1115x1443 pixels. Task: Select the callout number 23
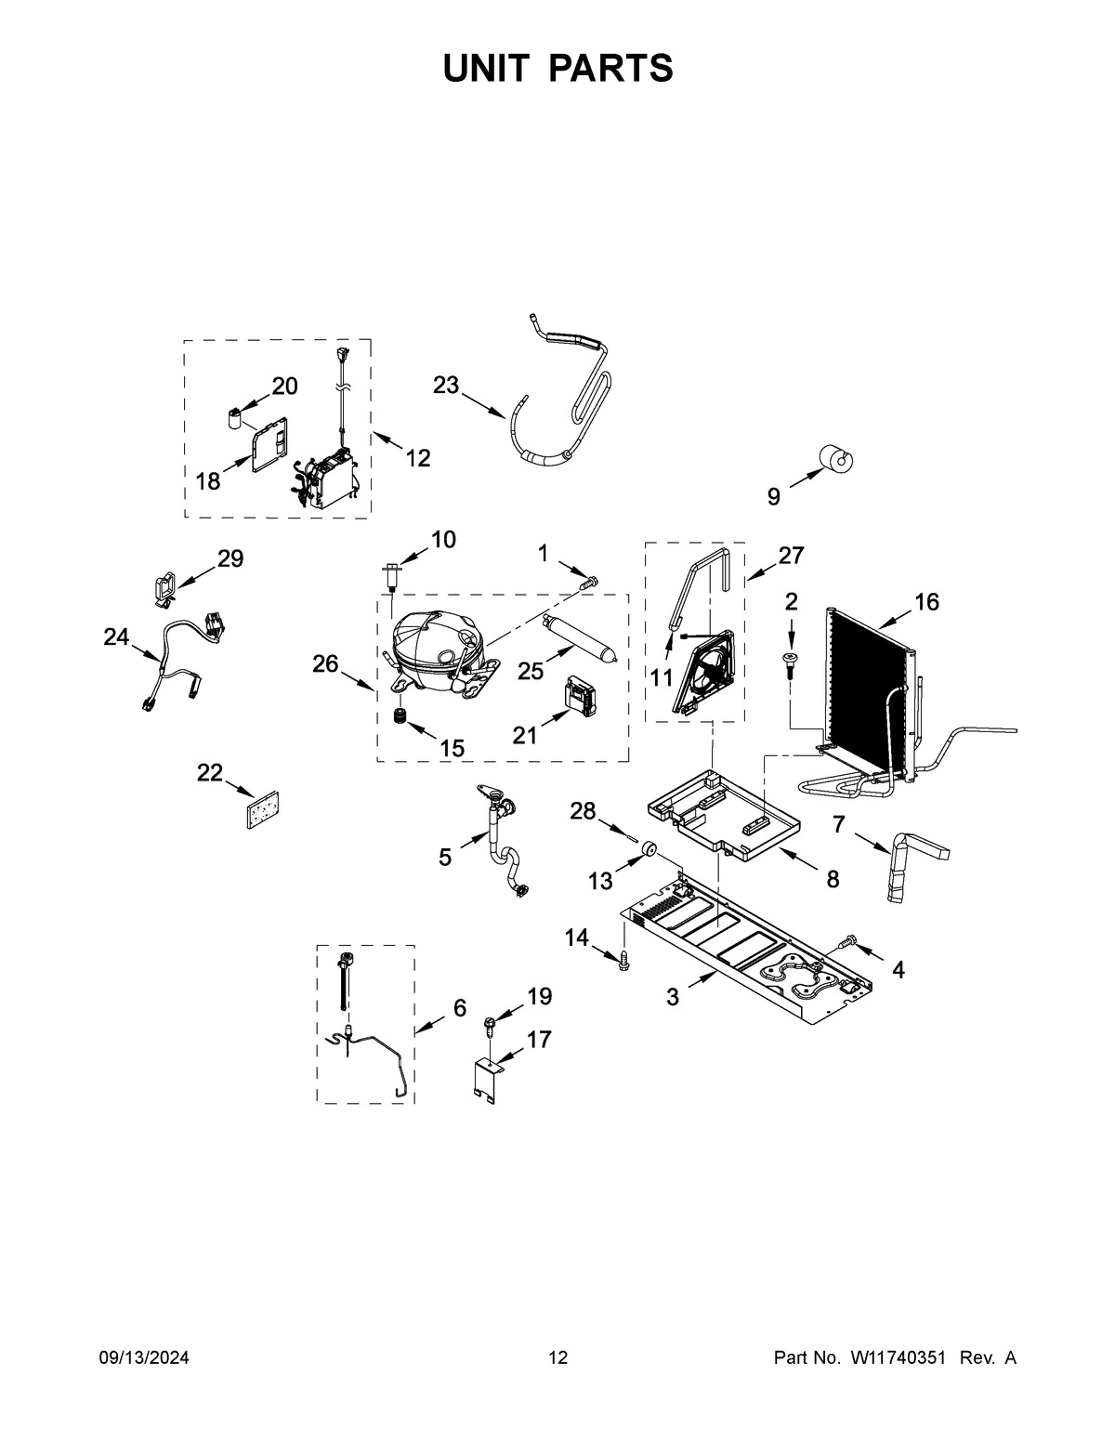(x=446, y=385)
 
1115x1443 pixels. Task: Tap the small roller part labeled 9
(x=836, y=458)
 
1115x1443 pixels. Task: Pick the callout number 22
(x=210, y=772)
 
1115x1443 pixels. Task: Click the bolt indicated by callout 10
(x=390, y=575)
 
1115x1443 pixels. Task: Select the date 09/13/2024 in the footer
(x=144, y=1358)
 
